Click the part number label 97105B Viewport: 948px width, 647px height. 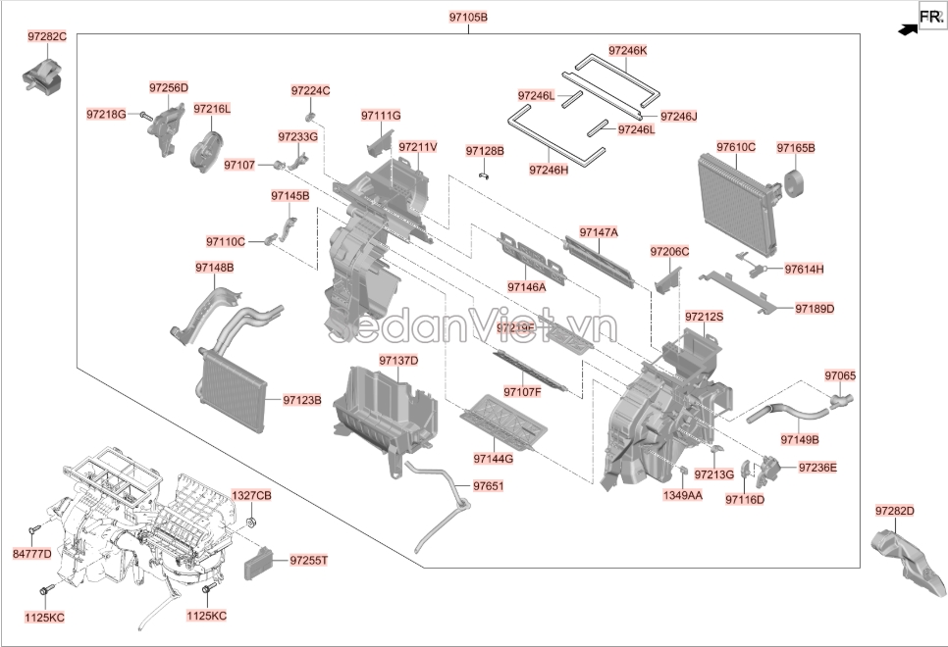coord(468,19)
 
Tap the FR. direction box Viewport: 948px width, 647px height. coord(930,16)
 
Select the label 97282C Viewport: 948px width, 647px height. coord(47,36)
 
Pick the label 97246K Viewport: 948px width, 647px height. coord(627,50)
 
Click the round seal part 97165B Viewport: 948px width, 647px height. coord(793,183)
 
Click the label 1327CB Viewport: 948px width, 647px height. coord(251,496)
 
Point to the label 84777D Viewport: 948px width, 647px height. coord(31,555)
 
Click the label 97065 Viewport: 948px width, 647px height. coord(840,375)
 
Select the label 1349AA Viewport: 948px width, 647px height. coord(683,496)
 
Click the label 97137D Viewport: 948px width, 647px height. coord(398,361)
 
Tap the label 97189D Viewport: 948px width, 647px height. coord(815,308)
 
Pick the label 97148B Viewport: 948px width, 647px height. coord(214,267)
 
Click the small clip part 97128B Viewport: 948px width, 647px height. coord(484,175)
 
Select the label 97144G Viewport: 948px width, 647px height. coord(493,458)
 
